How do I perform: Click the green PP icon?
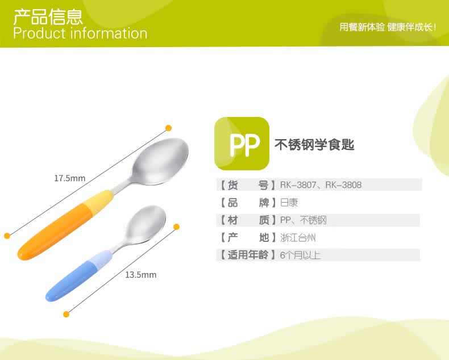242,143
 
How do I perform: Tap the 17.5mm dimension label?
70,178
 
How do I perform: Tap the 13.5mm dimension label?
140,275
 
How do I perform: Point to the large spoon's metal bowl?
160,162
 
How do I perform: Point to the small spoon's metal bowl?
146,225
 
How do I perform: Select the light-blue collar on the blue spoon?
101,261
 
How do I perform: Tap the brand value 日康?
289,203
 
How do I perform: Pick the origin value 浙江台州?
298,237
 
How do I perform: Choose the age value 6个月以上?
300,255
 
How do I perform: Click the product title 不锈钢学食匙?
314,145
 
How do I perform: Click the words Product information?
80,33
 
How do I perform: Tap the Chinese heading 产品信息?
48,17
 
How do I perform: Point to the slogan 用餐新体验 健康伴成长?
388,27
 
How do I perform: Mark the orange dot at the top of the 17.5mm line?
168,128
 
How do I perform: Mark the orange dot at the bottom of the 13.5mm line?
66,314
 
